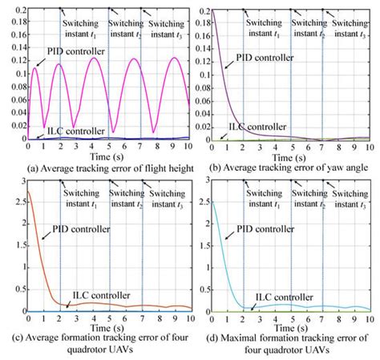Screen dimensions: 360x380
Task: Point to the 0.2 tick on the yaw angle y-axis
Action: [200, 11]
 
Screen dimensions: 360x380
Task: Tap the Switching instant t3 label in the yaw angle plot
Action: [349, 19]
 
